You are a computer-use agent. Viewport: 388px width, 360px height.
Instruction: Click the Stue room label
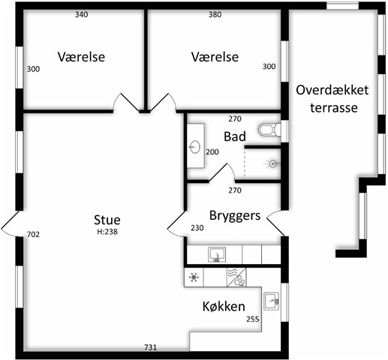point(107,220)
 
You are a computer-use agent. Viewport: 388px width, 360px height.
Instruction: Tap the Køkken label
point(224,306)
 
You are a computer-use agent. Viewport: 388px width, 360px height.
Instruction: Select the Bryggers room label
point(235,216)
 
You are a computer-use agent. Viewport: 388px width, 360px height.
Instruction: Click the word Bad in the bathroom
point(235,136)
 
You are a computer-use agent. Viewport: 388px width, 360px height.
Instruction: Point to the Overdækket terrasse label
point(332,99)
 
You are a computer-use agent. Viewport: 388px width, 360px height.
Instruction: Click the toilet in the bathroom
point(269,130)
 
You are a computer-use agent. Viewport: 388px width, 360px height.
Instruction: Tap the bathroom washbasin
point(195,147)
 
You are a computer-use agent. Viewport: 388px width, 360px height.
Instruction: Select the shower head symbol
point(272,164)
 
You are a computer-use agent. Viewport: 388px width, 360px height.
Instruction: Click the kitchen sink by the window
point(271,301)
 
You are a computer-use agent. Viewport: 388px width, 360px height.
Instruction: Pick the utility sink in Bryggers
point(217,254)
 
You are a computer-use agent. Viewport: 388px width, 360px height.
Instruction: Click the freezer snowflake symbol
point(194,277)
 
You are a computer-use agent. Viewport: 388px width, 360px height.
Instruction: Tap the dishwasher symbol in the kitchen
point(236,277)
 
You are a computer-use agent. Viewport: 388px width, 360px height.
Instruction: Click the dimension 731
point(151,347)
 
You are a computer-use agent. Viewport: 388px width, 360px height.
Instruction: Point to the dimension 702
point(33,235)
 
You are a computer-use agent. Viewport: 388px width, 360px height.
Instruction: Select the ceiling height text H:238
point(107,232)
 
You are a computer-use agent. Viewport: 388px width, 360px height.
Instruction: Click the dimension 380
point(215,15)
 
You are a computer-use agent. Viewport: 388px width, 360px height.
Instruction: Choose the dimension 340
point(82,15)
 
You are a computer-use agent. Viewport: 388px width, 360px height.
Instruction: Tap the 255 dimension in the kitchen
point(253,319)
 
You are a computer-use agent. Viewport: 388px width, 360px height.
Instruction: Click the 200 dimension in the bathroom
point(212,152)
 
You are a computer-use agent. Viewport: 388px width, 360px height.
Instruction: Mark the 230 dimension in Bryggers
point(197,228)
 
